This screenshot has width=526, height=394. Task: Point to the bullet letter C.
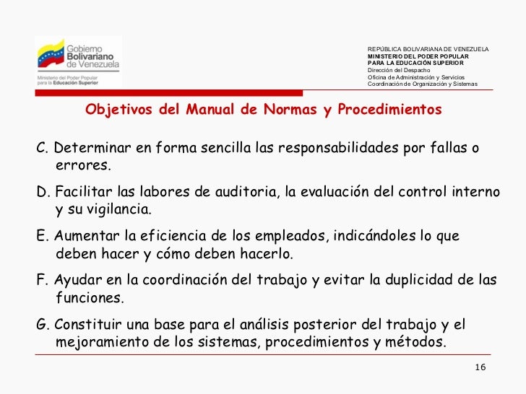click(41, 149)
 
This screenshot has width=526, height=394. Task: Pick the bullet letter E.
click(40, 237)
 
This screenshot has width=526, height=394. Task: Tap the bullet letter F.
click(40, 281)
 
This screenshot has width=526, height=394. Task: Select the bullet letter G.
click(41, 325)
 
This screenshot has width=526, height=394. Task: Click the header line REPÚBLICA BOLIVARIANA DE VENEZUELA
click(428, 49)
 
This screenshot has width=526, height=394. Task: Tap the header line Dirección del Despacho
click(399, 70)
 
